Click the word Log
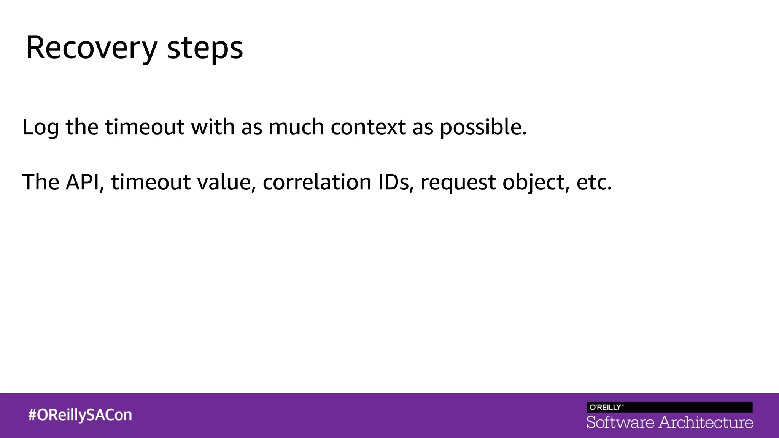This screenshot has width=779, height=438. (40, 127)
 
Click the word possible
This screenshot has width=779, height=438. (483, 127)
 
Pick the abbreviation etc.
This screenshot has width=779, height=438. (594, 182)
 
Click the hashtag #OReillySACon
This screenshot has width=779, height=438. (80, 415)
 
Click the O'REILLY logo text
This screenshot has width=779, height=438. (606, 407)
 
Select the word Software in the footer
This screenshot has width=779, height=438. (620, 422)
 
